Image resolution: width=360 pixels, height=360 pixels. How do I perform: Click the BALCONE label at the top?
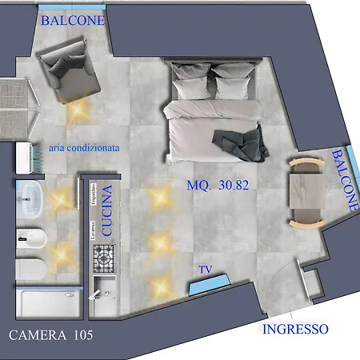72,20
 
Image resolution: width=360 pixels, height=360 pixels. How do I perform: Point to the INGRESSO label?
295,329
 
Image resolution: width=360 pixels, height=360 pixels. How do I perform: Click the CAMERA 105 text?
50,334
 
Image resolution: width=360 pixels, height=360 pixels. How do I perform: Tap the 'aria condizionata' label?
84,147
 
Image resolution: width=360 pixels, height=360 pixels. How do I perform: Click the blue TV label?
206,270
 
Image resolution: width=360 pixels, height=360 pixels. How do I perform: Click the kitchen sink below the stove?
104,290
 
